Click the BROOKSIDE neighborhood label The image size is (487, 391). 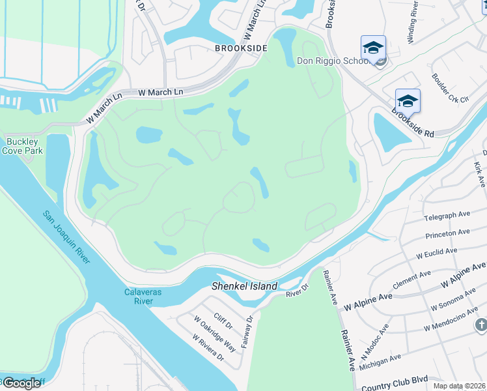click(241, 49)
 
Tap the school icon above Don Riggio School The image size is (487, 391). click(373, 47)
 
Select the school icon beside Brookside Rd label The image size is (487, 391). click(408, 100)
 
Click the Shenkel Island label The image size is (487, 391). click(245, 286)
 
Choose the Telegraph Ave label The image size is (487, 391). click(447, 216)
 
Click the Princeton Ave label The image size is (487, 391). click(447, 233)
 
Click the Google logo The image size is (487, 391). click(21, 383)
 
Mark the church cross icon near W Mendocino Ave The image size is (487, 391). click(480, 325)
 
